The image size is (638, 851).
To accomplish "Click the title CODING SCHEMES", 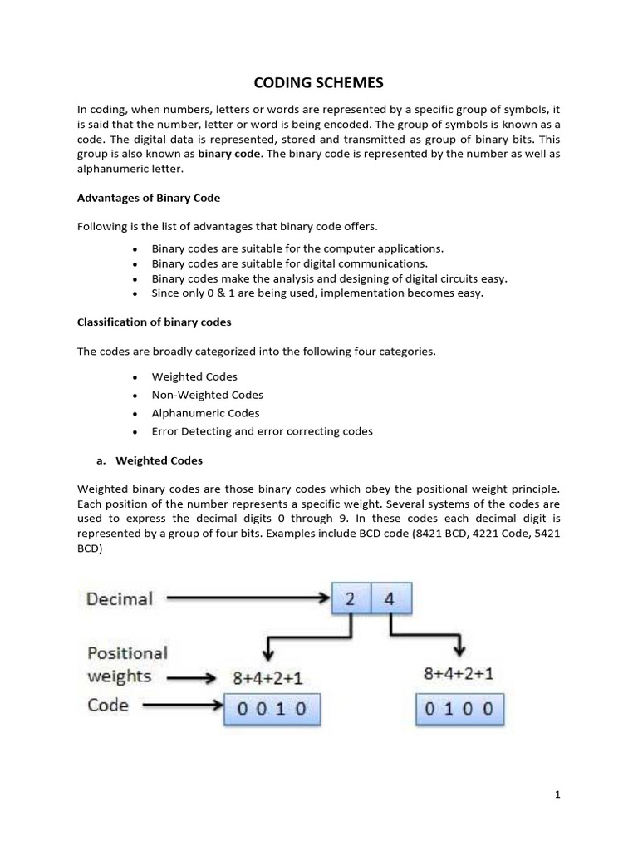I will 319,83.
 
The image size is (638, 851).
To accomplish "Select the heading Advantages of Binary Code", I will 149,198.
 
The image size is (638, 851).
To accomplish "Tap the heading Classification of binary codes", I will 154,322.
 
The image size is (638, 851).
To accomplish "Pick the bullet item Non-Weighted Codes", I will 207,395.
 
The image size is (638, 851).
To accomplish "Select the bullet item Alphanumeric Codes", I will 205,413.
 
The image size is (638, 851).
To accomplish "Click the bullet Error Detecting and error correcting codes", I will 262,431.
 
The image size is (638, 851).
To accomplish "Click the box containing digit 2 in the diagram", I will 351,598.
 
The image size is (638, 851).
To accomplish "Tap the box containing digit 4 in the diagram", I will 391,598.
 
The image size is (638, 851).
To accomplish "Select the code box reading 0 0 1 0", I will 272,709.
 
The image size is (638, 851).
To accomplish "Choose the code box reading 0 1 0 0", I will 459,708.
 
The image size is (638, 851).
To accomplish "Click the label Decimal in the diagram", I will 120,598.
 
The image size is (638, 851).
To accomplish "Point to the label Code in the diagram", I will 108,706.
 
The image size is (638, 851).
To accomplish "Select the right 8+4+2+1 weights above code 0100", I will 459,674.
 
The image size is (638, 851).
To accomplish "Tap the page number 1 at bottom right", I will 557,794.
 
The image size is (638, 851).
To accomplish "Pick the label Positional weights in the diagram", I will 127,664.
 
